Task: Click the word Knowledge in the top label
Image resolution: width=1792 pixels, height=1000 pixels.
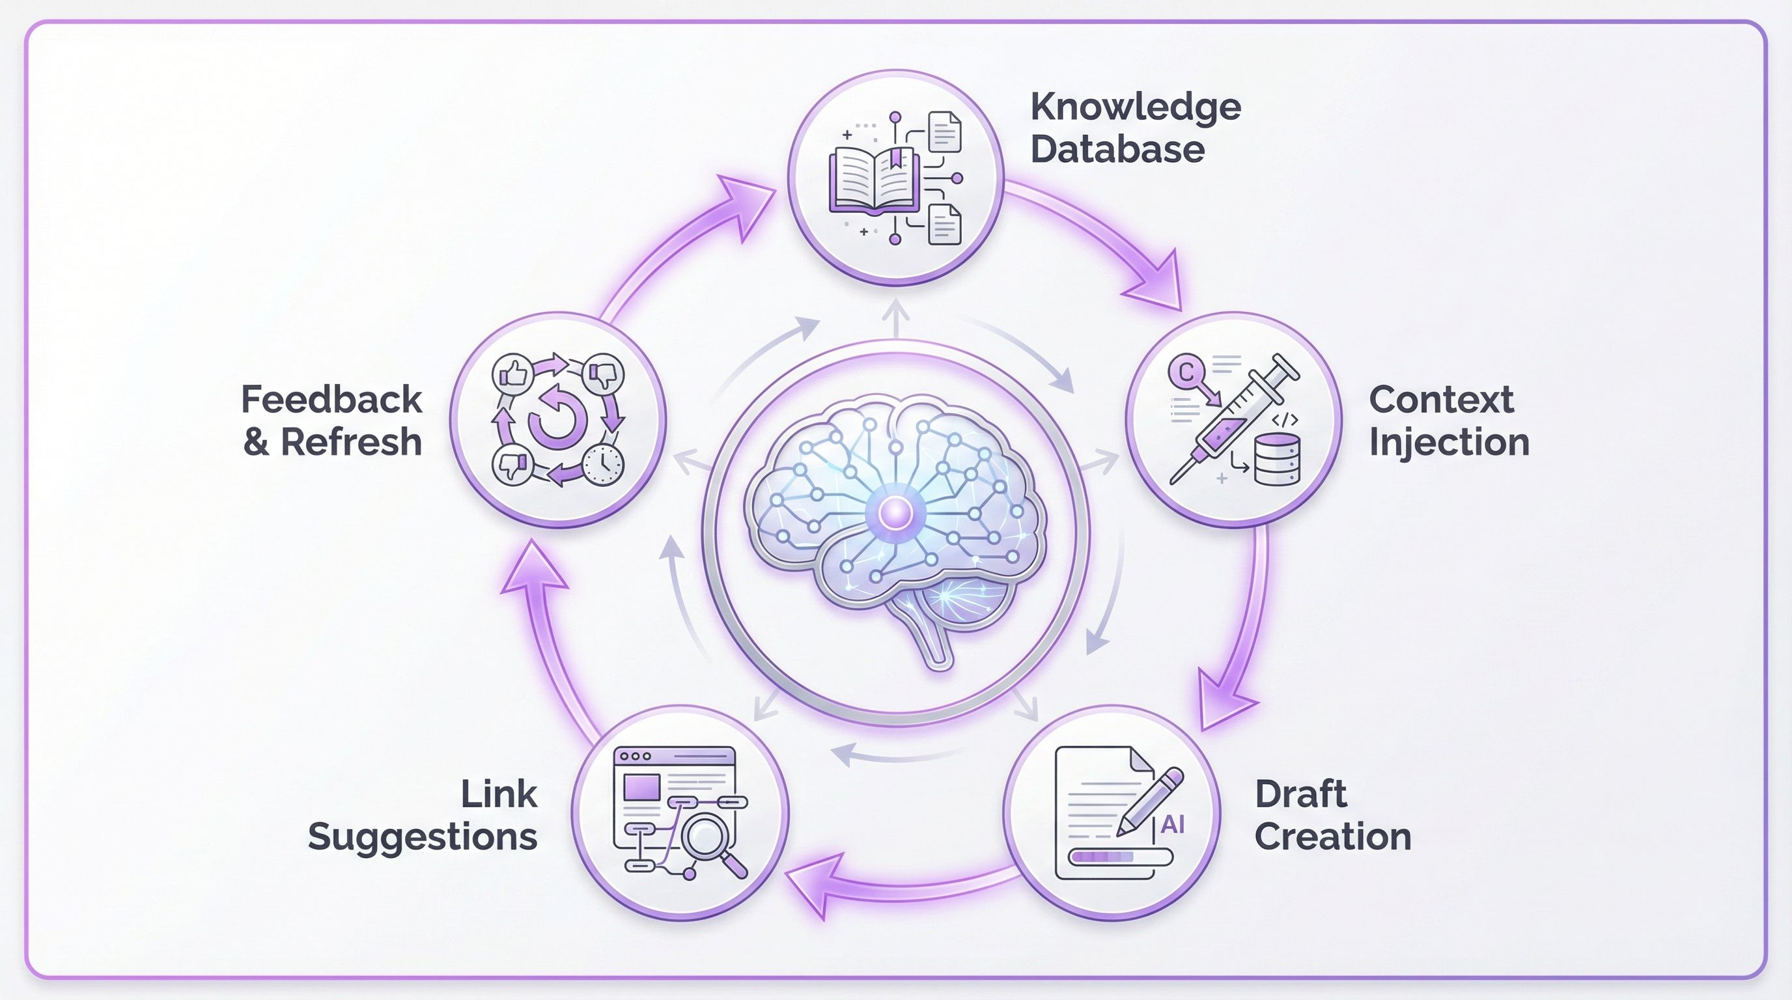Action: point(1136,108)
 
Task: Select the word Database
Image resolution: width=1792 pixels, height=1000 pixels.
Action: point(1117,150)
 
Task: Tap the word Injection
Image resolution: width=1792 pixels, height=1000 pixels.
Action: point(1449,442)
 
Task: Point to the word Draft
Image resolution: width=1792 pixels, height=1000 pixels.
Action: point(1300,794)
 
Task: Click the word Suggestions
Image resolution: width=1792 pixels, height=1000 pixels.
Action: point(422,837)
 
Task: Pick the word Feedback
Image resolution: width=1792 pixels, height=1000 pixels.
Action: point(331,400)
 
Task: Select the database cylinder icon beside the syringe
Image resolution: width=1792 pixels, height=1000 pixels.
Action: point(1276,459)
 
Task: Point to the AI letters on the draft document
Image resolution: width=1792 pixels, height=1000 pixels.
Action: point(1173,825)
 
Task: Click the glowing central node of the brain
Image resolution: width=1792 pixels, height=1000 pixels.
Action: point(895,513)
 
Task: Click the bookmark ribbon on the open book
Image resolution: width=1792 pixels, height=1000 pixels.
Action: point(895,159)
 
